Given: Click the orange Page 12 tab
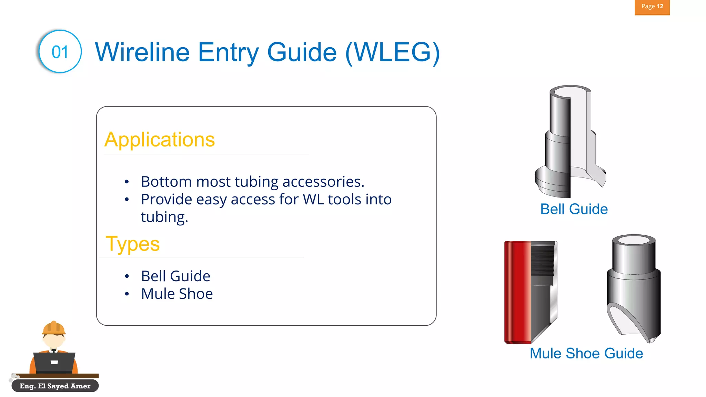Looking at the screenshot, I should pyautogui.click(x=652, y=7).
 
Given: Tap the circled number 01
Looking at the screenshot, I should pyautogui.click(x=60, y=52).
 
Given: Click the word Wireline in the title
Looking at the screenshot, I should pyautogui.click(x=142, y=52).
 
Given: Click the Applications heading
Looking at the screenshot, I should pyautogui.click(x=160, y=140).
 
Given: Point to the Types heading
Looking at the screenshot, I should pyautogui.click(x=133, y=244).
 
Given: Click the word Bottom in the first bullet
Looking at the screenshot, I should pyautogui.click(x=166, y=182).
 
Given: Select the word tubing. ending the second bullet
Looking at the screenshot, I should pyautogui.click(x=164, y=217).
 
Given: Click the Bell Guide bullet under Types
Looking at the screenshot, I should pyautogui.click(x=175, y=276).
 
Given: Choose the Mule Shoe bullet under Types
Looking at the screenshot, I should pyautogui.click(x=177, y=294).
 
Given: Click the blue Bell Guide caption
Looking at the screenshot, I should pyautogui.click(x=574, y=209).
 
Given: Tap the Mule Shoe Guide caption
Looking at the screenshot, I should pyautogui.click(x=586, y=354).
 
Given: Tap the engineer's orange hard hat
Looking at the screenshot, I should pyautogui.click(x=53, y=328).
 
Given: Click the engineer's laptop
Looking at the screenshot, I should pyautogui.click(x=54, y=362).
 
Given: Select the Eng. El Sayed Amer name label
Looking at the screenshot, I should pyautogui.click(x=55, y=386).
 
